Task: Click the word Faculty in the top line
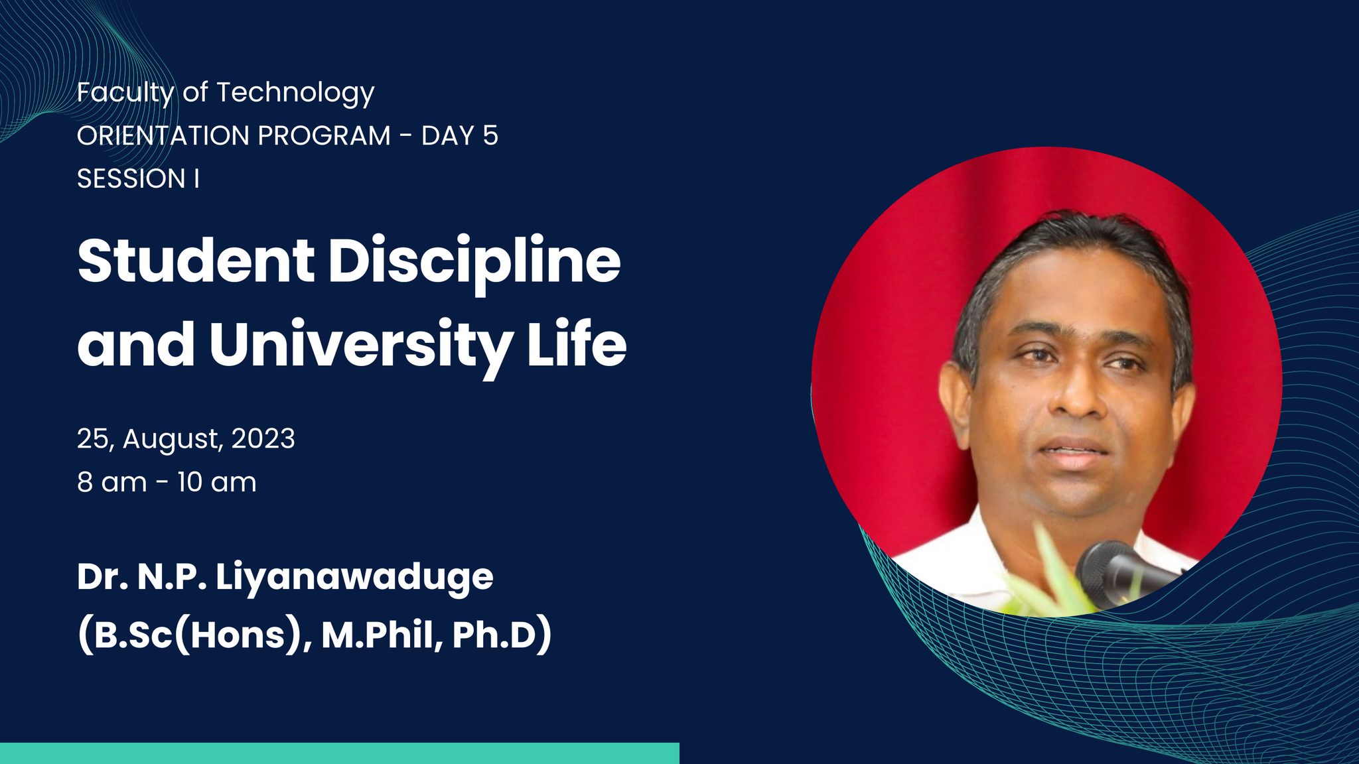[125, 93]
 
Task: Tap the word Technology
[295, 94]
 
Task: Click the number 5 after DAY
[490, 136]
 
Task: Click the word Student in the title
[196, 261]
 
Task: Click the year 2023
[263, 439]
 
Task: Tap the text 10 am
[217, 482]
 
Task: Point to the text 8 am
[112, 482]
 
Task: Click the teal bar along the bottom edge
[340, 753]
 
